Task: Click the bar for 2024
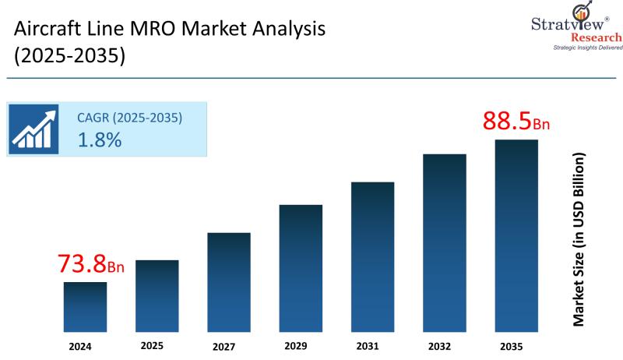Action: [85, 308]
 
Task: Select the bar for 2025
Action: [157, 297]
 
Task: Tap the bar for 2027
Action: [229, 283]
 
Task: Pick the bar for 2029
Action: [301, 269]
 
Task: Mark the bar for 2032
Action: [445, 244]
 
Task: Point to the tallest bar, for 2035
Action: [516, 236]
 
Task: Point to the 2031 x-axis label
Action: [367, 345]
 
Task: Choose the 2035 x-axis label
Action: [511, 345]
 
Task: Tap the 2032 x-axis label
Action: [439, 345]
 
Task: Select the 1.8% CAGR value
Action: [99, 140]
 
